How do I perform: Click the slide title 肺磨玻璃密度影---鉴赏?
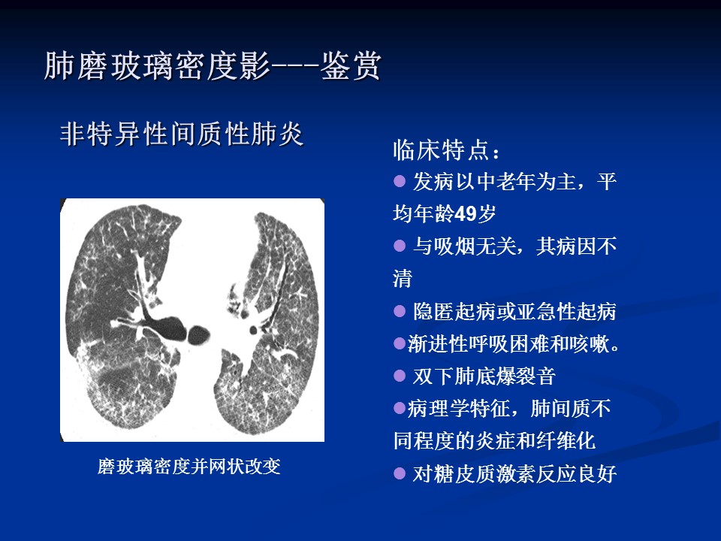213,66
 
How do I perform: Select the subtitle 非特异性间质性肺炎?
182,134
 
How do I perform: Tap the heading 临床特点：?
446,150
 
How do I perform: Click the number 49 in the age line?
465,213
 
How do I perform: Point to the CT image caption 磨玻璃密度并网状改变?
189,467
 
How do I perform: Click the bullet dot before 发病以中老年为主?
400,181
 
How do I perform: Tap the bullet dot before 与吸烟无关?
400,246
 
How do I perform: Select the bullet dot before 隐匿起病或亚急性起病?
400,311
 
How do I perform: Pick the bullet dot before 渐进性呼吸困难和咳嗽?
400,343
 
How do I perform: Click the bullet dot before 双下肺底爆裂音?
400,376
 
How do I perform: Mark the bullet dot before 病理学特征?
400,408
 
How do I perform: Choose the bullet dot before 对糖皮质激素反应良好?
400,473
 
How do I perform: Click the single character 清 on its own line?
403,278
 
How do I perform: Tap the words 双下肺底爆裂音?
484,376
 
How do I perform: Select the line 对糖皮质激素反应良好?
514,474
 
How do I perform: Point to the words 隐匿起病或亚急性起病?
514,311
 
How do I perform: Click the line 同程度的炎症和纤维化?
495,441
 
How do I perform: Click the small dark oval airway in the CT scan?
199,335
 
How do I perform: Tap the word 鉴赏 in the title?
351,66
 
